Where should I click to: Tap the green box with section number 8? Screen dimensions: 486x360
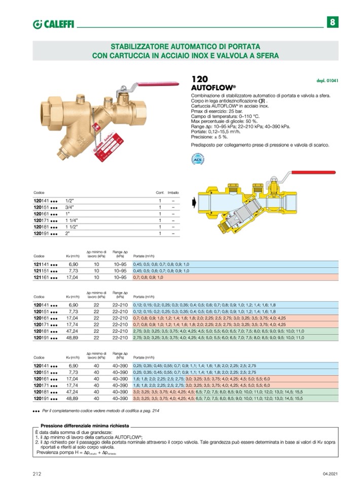point(332,22)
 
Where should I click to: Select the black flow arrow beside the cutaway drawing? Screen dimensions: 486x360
point(193,203)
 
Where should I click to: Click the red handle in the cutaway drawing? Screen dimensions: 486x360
point(308,173)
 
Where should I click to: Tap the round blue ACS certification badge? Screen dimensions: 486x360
point(197,160)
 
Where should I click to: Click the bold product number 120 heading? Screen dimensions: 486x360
point(200,79)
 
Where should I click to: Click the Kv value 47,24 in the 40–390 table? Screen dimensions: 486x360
point(74,392)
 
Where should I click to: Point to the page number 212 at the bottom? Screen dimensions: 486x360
point(37,473)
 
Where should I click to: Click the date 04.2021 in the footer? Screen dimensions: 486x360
point(330,474)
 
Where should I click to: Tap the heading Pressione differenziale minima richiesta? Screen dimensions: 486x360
point(85,426)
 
